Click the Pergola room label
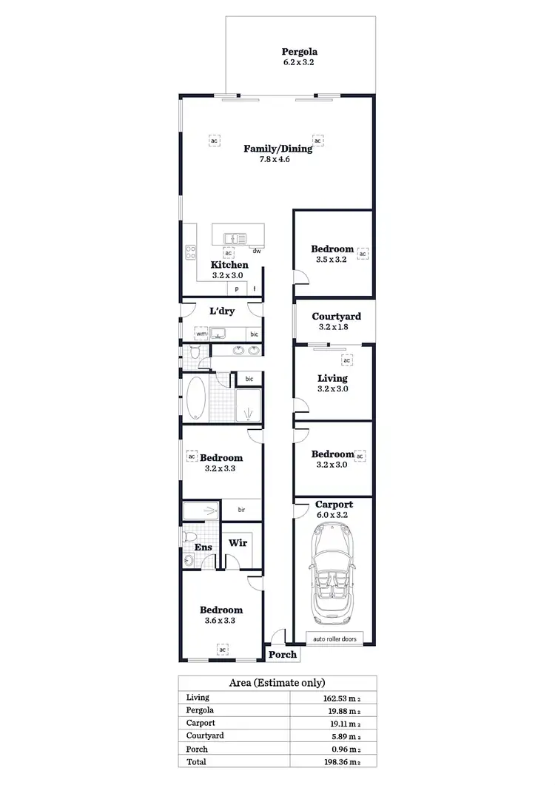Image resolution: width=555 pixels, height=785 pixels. coord(299,52)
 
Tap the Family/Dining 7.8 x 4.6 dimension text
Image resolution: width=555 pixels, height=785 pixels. coord(278,160)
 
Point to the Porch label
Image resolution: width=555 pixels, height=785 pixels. coord(282,654)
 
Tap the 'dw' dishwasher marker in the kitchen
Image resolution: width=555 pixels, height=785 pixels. coord(256,251)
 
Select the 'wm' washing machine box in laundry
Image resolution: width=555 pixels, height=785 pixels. coord(201,334)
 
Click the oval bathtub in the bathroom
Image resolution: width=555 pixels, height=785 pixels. coord(198,400)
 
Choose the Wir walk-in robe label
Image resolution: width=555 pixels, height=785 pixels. coord(238,542)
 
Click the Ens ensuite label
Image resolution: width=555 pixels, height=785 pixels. coord(202,548)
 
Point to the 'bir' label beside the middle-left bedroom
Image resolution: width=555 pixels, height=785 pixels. coord(241,510)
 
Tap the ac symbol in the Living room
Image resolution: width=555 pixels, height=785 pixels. coord(346,360)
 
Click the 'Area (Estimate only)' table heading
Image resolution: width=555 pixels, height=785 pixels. coord(277,683)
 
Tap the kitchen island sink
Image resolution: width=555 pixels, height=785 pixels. coord(234,238)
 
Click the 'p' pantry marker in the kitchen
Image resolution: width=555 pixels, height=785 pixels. coord(238,289)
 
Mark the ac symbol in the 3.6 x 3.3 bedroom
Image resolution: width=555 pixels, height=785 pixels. coord(221,650)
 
